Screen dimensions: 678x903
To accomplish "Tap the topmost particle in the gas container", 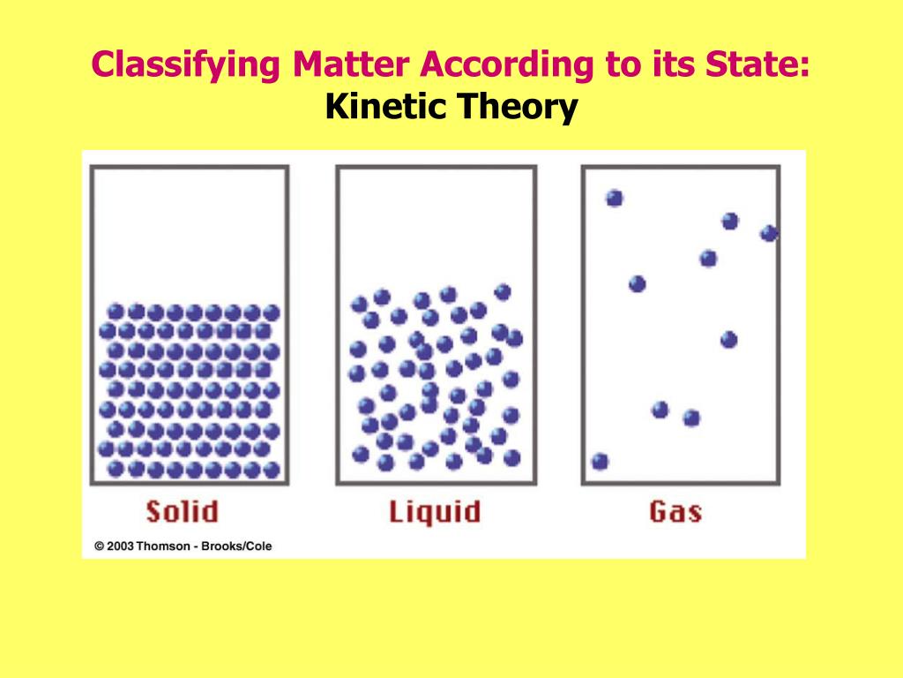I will tap(615, 198).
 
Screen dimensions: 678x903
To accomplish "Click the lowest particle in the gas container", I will tap(601, 461).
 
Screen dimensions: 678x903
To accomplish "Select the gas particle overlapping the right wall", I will tap(769, 233).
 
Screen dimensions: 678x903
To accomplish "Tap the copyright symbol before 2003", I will tap(100, 546).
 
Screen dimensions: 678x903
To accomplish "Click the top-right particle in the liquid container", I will tap(503, 291).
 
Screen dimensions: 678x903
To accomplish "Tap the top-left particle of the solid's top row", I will tap(116, 312).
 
